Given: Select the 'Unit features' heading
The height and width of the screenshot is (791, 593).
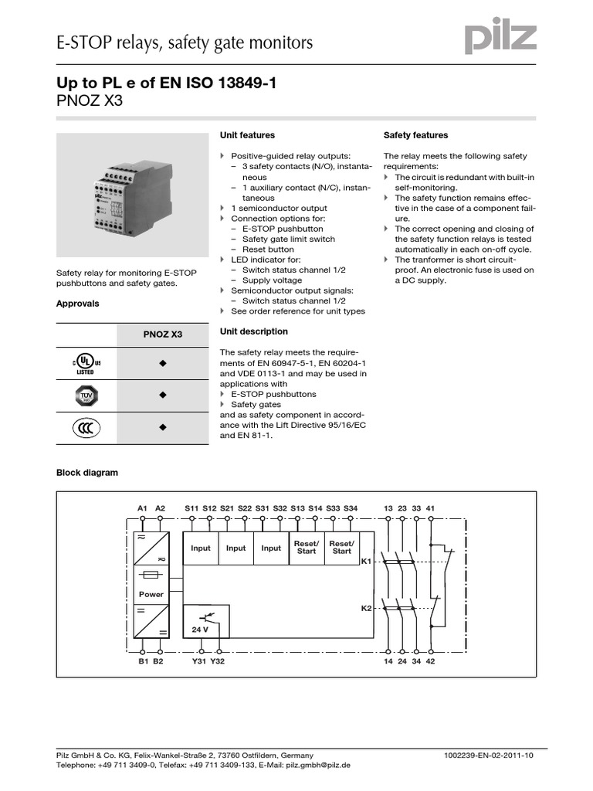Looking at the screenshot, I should (247, 135).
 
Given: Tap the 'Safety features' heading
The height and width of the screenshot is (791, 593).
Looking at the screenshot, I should (415, 135).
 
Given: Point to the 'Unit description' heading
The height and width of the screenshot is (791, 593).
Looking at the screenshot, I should (253, 331).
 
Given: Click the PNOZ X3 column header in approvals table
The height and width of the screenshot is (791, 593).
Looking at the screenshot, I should (163, 335).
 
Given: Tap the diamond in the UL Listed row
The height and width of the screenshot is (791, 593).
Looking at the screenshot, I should (163, 363).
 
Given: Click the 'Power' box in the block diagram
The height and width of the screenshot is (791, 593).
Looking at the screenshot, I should (151, 594).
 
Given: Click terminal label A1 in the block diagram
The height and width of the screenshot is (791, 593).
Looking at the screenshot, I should (143, 508).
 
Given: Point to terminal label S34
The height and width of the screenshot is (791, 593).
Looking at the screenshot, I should (351, 508).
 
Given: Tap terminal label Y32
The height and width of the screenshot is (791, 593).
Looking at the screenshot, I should (218, 661).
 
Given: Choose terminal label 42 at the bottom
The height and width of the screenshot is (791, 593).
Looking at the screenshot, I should (431, 661).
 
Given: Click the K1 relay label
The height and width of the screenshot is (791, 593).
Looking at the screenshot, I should (367, 562).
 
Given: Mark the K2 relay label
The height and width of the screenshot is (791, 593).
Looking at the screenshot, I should (367, 609).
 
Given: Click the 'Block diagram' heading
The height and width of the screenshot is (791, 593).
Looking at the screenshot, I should (87, 473).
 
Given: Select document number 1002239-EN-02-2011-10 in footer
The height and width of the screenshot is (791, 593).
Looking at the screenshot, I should (489, 755).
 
